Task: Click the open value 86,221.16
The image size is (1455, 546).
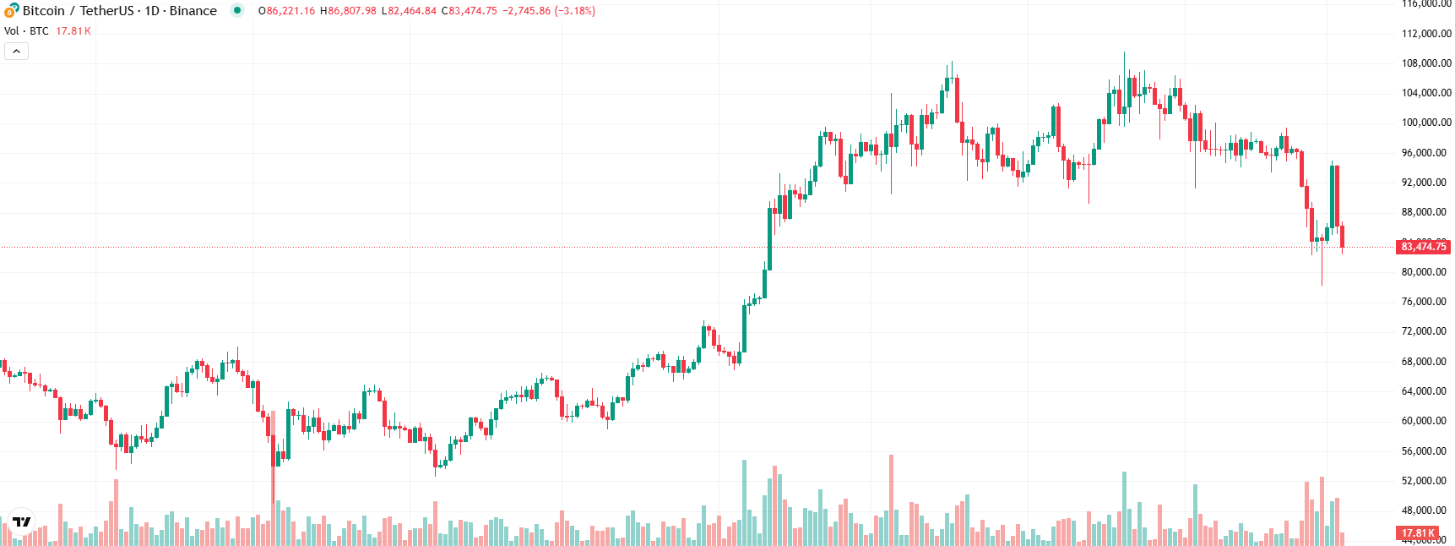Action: click(x=290, y=11)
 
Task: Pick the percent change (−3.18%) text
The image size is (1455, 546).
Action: click(x=575, y=11)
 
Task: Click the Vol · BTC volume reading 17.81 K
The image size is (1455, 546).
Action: click(x=73, y=31)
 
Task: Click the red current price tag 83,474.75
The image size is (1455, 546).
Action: click(x=1423, y=247)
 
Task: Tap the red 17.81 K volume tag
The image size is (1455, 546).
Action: click(x=1418, y=533)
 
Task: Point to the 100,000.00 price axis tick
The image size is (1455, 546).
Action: click(x=1426, y=123)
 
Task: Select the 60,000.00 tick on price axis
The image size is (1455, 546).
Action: click(x=1424, y=421)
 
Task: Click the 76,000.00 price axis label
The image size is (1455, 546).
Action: click(x=1424, y=302)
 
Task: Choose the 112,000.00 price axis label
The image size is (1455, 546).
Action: click(x=1426, y=34)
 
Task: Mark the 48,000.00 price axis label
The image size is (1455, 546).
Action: click(x=1424, y=511)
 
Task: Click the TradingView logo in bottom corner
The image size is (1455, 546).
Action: click(x=22, y=522)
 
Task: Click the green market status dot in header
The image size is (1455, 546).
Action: click(x=237, y=11)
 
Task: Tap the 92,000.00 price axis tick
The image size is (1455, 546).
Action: click(x=1424, y=183)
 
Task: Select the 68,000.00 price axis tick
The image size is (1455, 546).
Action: click(x=1424, y=362)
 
